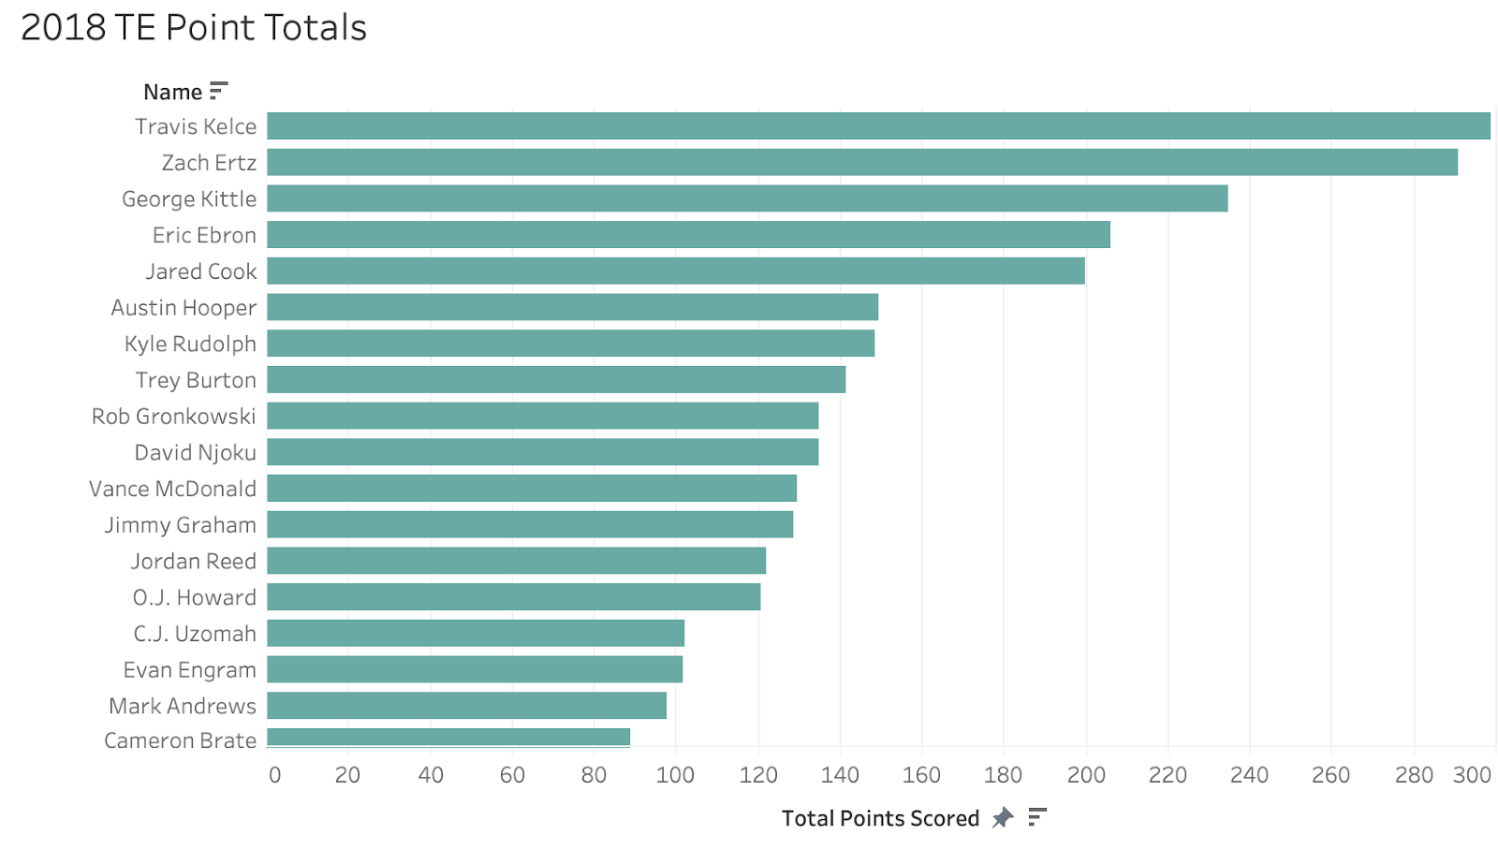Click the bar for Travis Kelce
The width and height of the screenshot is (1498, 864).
click(x=878, y=126)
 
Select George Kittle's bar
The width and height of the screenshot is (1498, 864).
click(x=747, y=198)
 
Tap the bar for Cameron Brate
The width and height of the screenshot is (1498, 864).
click(x=448, y=738)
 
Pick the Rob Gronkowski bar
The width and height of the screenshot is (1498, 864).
click(x=543, y=416)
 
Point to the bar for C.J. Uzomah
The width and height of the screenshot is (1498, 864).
click(x=476, y=633)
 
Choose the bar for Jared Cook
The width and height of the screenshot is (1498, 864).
click(x=676, y=271)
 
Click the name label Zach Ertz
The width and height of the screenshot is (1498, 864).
click(x=209, y=163)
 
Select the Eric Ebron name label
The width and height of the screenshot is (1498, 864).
click(x=204, y=235)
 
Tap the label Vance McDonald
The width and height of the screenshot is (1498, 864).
click(x=172, y=489)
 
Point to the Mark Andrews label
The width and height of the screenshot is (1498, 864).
click(x=183, y=706)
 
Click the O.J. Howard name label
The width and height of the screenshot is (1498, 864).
click(x=194, y=597)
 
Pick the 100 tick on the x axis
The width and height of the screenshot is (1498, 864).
click(x=675, y=775)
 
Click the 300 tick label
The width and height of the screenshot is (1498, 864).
click(x=1472, y=775)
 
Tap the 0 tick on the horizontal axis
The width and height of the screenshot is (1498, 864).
click(x=274, y=775)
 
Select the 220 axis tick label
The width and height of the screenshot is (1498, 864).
click(x=1168, y=775)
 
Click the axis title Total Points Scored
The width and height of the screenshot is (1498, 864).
click(x=880, y=818)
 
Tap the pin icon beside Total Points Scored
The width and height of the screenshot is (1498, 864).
click(x=1003, y=817)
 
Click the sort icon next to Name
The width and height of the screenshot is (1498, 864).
click(x=219, y=91)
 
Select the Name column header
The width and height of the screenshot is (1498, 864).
click(x=172, y=92)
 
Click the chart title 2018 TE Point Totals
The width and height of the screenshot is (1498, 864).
click(x=194, y=28)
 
